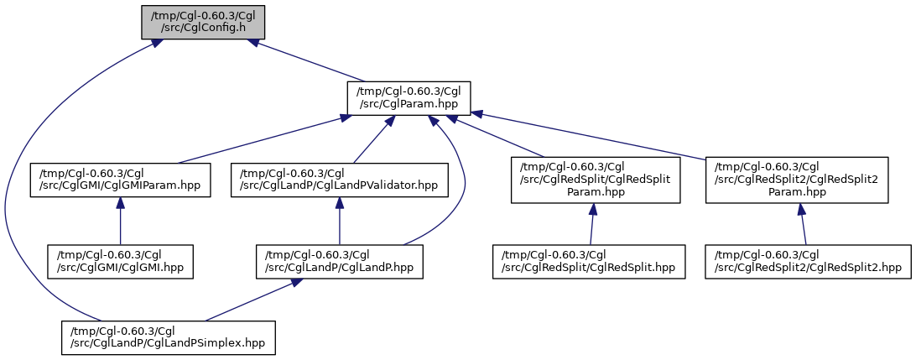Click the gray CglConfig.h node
203,22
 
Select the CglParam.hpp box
409,98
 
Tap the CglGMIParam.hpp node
120,180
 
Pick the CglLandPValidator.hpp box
340,180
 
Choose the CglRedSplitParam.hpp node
596,180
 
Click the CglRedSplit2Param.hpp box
797,180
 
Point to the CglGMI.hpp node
120,262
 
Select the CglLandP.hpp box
340,262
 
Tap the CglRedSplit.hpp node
589,262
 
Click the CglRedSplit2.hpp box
809,262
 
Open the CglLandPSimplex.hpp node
169,337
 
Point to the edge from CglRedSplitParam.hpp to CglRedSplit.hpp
591,224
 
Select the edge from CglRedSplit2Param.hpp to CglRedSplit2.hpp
802,224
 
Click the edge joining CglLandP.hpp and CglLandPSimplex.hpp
249,300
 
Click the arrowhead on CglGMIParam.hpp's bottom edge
120,203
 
